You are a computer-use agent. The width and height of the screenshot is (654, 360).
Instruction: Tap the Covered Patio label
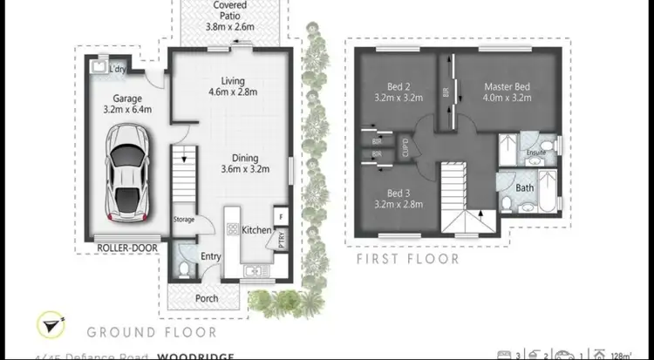coord(229,17)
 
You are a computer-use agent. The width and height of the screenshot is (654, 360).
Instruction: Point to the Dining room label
coord(245,163)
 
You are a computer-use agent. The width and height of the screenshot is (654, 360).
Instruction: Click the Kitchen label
coord(256,230)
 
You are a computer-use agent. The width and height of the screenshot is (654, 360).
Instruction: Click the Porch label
coord(206,298)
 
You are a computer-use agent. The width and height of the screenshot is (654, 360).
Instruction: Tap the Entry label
coord(211,256)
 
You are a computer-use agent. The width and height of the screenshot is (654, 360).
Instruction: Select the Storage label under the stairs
coord(184,220)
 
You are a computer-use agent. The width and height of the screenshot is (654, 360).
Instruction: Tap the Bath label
coord(525,187)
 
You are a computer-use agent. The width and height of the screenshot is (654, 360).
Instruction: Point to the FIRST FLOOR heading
coord(408,259)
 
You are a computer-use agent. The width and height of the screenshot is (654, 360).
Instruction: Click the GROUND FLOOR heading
coord(151,331)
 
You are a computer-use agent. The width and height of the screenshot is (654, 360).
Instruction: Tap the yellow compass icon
coord(49,325)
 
